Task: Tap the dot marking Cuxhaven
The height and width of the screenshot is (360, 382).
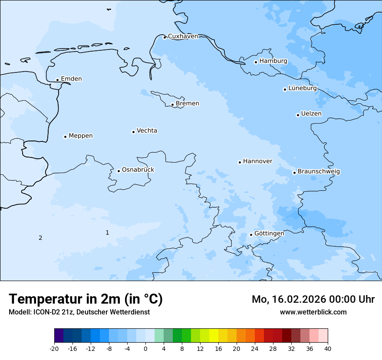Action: (x=165, y=37)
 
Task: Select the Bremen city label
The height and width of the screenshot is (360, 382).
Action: (x=187, y=104)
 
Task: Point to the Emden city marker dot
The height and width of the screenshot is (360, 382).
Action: (x=57, y=80)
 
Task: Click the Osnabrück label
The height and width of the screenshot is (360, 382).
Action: (x=138, y=170)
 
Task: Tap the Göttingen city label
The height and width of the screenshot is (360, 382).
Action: (x=269, y=233)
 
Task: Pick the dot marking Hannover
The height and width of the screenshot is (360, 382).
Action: (x=240, y=162)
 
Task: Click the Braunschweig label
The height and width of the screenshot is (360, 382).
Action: (x=319, y=172)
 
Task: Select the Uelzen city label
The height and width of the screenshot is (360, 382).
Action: (x=311, y=114)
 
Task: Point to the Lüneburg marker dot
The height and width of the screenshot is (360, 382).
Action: (x=285, y=89)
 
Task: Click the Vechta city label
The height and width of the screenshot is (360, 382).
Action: (x=147, y=131)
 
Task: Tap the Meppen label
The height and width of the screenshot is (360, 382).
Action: (x=80, y=136)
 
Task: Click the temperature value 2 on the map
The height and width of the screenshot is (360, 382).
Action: (x=40, y=238)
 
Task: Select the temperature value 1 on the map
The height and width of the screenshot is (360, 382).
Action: (x=107, y=232)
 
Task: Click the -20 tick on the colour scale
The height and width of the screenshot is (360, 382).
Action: (x=54, y=348)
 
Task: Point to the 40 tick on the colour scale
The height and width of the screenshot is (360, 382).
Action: (x=328, y=348)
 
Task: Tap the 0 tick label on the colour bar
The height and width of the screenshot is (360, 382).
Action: (x=145, y=348)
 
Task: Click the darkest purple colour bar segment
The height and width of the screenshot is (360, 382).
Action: (x=59, y=336)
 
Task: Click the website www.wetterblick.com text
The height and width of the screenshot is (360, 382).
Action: (x=313, y=312)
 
